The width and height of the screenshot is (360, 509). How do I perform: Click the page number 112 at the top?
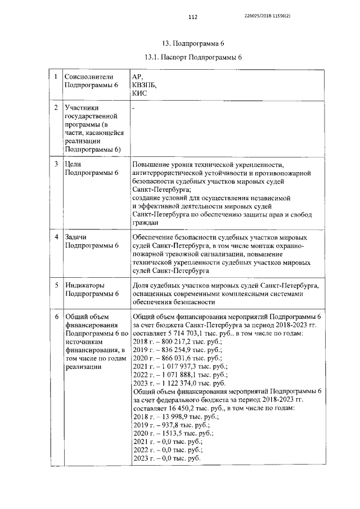pyautogui.click(x=193, y=17)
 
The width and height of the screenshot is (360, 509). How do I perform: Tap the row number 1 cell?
pyautogui.click(x=55, y=76)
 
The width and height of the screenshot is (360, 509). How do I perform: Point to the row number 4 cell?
pyautogui.click(x=55, y=237)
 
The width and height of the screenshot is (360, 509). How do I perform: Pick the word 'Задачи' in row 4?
pyautogui.click(x=78, y=237)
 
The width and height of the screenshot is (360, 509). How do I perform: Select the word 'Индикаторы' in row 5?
pyautogui.click(x=87, y=285)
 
